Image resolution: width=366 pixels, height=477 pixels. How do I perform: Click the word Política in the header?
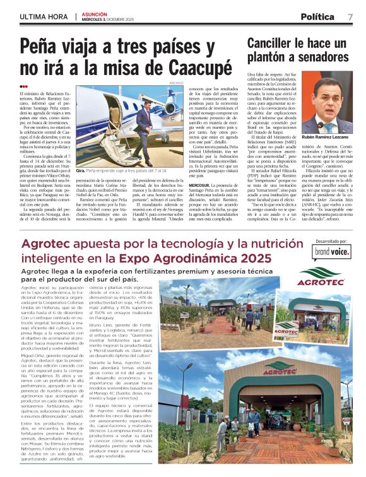point(317,16)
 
